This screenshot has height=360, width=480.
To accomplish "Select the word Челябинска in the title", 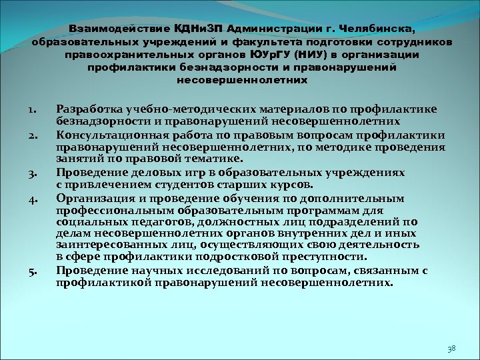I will [376, 29].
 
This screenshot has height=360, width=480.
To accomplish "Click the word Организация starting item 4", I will [93, 197].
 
